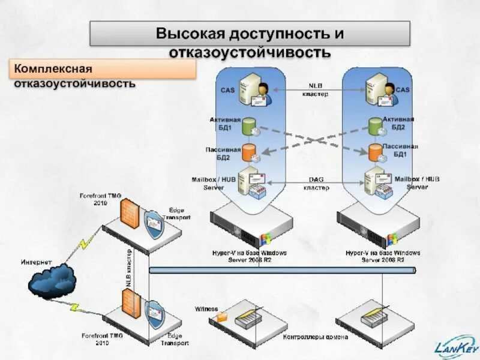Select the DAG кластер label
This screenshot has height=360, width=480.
tap(316, 183)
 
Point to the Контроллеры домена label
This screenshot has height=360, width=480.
tap(316, 337)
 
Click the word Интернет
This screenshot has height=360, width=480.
tap(37, 262)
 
